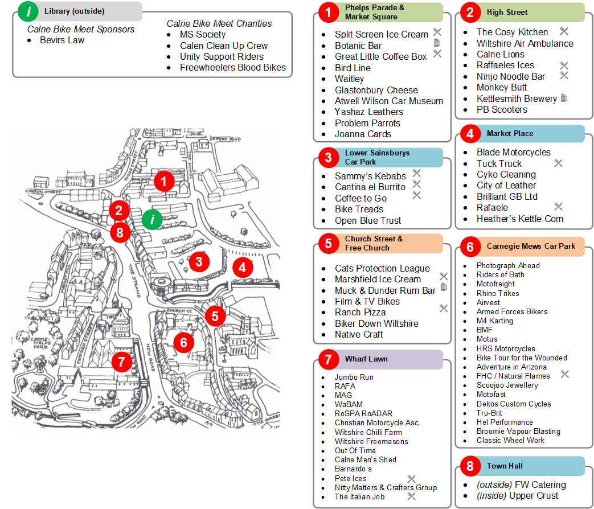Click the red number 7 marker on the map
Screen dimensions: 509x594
click(x=121, y=361)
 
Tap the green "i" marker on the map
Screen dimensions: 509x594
click(x=152, y=219)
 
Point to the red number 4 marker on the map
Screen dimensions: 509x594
click(x=243, y=267)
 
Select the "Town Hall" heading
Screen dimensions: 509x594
click(x=505, y=466)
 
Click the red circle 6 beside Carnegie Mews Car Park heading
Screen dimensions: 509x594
click(x=470, y=247)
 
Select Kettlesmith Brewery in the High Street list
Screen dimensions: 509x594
click(x=517, y=98)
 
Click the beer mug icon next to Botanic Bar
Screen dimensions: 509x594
click(x=437, y=43)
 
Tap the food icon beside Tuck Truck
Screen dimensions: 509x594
click(x=558, y=163)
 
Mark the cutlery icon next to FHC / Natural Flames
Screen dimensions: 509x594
click(x=564, y=374)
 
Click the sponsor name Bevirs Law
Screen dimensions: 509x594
click(x=62, y=40)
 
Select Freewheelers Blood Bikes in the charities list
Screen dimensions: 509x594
click(x=233, y=67)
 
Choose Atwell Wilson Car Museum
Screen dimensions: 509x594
click(x=388, y=101)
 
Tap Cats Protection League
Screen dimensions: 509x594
click(x=382, y=268)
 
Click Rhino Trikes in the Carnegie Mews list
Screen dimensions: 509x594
click(x=498, y=293)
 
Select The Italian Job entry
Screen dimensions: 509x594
click(x=359, y=496)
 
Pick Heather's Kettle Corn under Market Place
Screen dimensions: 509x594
click(x=520, y=219)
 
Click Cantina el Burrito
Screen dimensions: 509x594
click(x=370, y=187)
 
